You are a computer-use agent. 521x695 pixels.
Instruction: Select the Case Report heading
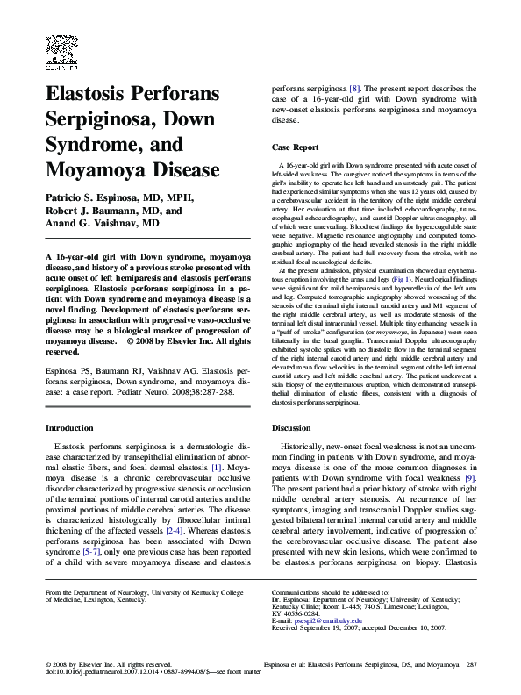[x=295, y=147]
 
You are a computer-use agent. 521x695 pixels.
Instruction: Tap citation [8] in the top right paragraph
[x=354, y=89]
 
